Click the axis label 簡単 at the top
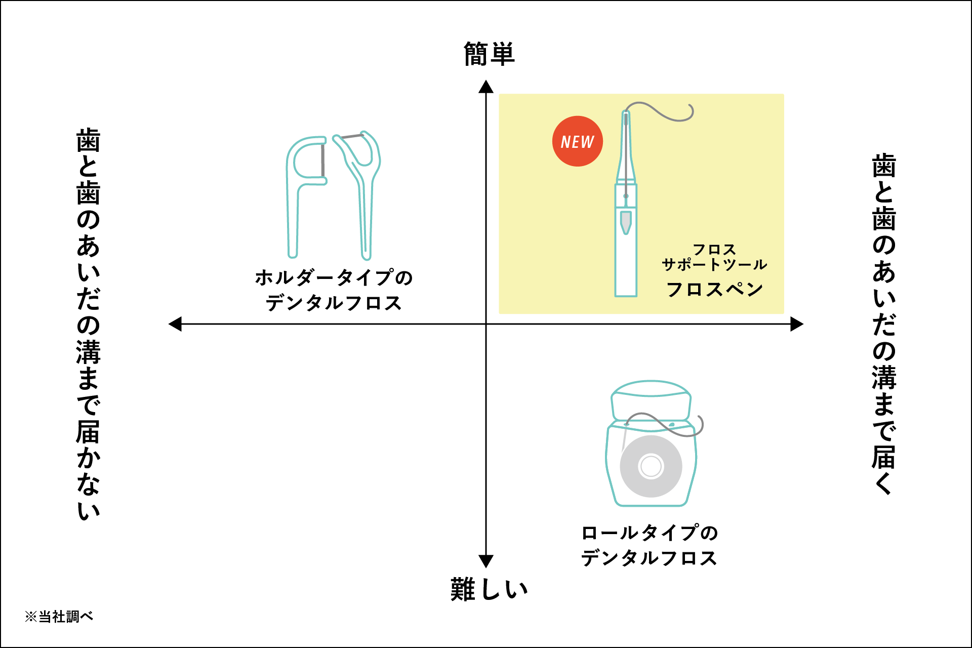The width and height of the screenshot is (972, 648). coord(489,54)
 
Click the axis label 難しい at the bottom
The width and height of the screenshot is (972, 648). coord(489,589)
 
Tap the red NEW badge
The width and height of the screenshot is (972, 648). coord(577,141)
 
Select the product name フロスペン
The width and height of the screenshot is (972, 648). coord(714,289)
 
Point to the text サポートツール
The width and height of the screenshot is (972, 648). coord(714,264)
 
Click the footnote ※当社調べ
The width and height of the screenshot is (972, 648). coord(59,617)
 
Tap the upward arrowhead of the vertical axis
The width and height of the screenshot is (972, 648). coord(486,87)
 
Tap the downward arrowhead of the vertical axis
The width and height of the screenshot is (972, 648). coord(486,561)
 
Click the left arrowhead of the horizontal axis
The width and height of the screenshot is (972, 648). coord(175,324)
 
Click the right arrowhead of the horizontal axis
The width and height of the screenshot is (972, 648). coord(797,324)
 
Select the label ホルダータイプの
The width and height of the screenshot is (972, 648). coord(334,277)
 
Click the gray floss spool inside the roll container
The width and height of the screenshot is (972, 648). coord(651,466)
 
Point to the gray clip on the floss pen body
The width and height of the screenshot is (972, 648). coord(626,222)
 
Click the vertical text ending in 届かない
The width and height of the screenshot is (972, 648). coord(88,324)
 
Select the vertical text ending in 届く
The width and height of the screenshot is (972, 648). coord(884,324)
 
